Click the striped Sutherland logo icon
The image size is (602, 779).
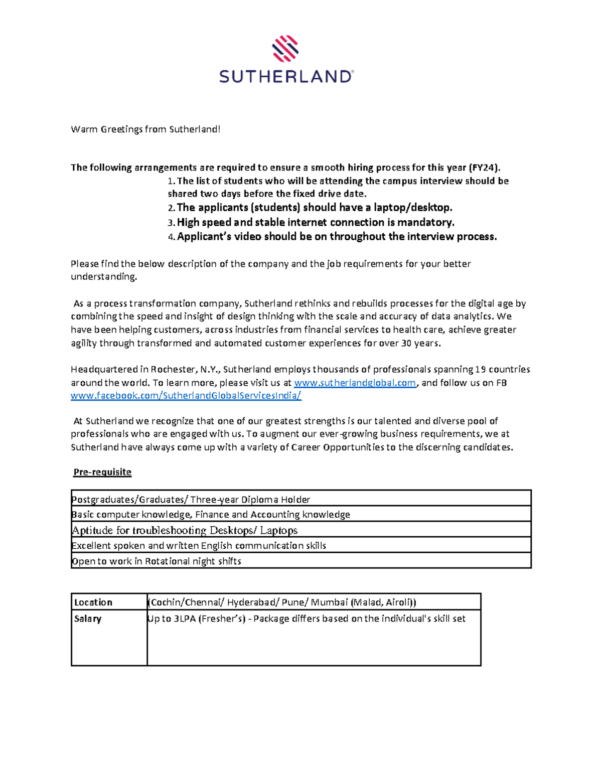coord(285,48)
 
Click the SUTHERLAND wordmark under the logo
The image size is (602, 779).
coord(286,77)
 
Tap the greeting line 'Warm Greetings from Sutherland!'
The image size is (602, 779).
coord(145,129)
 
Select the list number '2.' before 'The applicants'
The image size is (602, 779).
coord(172,208)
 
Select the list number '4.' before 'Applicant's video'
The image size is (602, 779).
coord(172,237)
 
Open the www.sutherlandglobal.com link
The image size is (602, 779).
coord(355,383)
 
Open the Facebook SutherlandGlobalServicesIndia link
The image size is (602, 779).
coord(186,396)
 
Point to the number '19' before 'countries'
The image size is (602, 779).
coord(480,370)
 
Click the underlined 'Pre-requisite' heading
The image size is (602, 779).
coord(102,472)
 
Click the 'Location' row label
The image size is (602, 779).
coord(93,602)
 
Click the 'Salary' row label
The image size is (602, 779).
coord(88,619)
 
